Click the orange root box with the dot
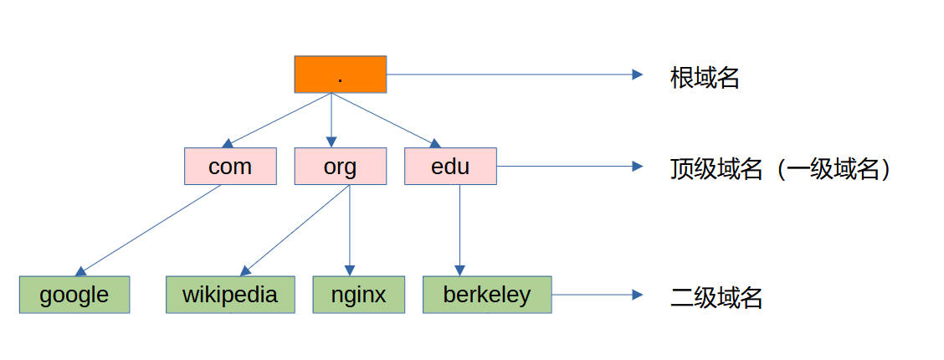click(340, 74)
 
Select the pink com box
click(230, 166)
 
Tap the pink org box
click(340, 166)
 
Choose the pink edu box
click(450, 166)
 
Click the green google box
click(74, 295)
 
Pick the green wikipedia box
click(230, 295)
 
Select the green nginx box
click(358, 295)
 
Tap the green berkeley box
click(487, 295)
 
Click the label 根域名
click(705, 78)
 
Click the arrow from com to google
click(150, 230)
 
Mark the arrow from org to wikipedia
click(298, 230)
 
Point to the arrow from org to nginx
click(350, 230)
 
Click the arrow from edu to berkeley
click(460, 230)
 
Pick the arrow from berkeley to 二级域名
click(598, 295)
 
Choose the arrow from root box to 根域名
click(515, 74)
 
